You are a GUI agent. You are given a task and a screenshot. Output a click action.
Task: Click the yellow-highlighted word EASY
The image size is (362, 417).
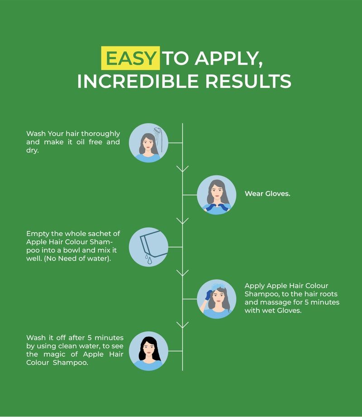coord(130,58)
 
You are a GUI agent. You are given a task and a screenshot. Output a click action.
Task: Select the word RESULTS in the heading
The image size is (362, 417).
coord(248,81)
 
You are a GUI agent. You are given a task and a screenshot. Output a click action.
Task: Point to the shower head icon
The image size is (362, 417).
coord(158,131)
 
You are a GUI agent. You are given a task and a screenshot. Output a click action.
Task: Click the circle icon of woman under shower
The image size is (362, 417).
coord(148,143)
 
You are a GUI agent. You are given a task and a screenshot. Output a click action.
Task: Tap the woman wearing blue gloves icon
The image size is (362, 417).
coord(217,195)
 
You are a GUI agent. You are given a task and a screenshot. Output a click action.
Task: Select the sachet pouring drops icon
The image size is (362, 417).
coord(148,247)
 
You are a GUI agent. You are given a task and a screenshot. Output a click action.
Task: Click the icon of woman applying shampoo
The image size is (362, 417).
coord(217,299)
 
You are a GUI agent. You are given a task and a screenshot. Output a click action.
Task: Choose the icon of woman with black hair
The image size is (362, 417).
coord(148,351)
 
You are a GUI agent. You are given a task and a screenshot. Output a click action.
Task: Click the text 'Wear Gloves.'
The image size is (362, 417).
coord(267,194)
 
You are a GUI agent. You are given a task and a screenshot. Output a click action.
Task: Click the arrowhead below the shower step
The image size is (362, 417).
coord(182,169)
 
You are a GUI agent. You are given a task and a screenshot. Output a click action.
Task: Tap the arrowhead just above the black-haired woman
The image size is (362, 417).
coord(182,325)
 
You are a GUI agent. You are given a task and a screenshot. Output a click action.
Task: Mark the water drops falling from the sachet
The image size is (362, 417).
coord(148,259)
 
